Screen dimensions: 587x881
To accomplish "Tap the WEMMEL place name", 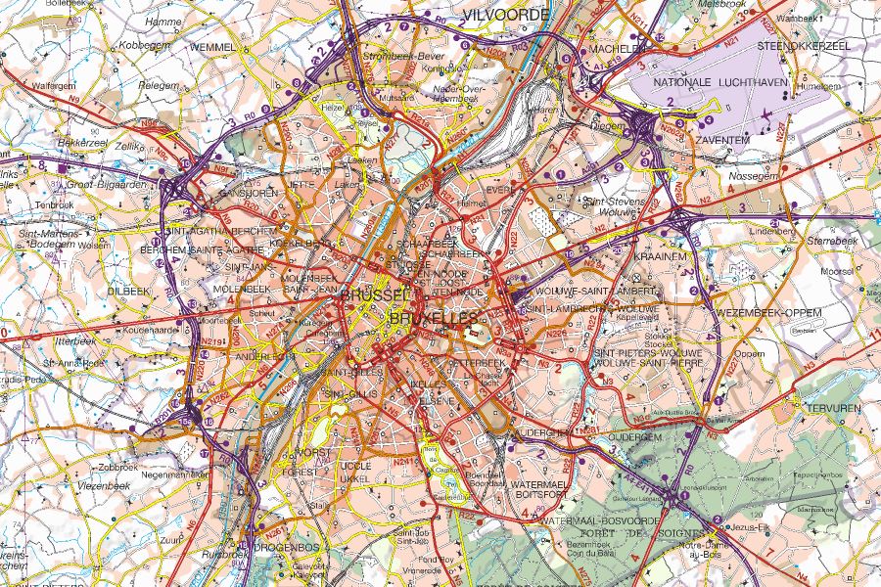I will click(x=214, y=47).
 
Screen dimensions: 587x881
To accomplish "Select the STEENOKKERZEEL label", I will click(x=804, y=45).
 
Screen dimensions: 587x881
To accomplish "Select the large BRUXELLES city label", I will click(x=433, y=318).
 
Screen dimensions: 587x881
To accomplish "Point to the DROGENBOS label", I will click(x=282, y=548).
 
